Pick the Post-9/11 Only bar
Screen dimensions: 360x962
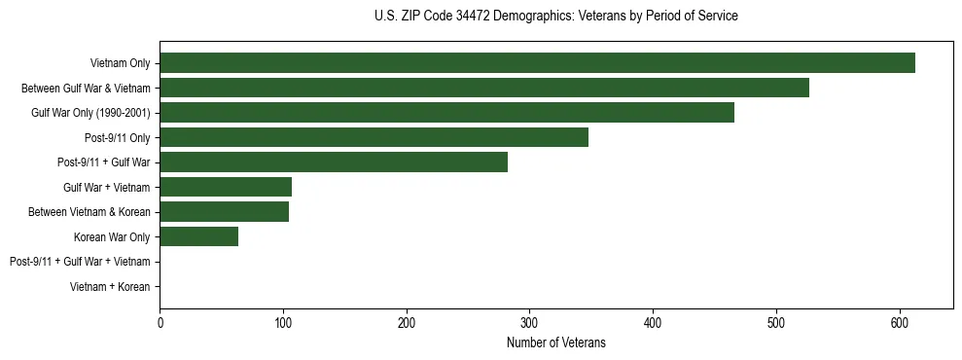(x=374, y=137)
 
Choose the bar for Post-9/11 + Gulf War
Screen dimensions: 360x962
(x=334, y=162)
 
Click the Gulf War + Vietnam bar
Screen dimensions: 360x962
(x=226, y=187)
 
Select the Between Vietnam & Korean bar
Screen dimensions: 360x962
(x=224, y=212)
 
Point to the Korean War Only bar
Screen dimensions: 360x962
(x=198, y=236)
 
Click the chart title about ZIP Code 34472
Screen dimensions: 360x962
(x=555, y=17)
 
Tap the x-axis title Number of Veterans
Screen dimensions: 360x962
(x=555, y=342)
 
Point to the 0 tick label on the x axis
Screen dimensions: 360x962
(x=160, y=323)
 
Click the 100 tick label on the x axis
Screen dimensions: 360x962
(x=283, y=323)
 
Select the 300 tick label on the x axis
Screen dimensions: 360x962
(x=529, y=323)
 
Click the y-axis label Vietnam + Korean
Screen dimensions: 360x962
(x=110, y=287)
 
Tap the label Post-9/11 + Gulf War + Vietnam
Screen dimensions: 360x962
(x=80, y=262)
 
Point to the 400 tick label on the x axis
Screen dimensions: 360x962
(x=653, y=323)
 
